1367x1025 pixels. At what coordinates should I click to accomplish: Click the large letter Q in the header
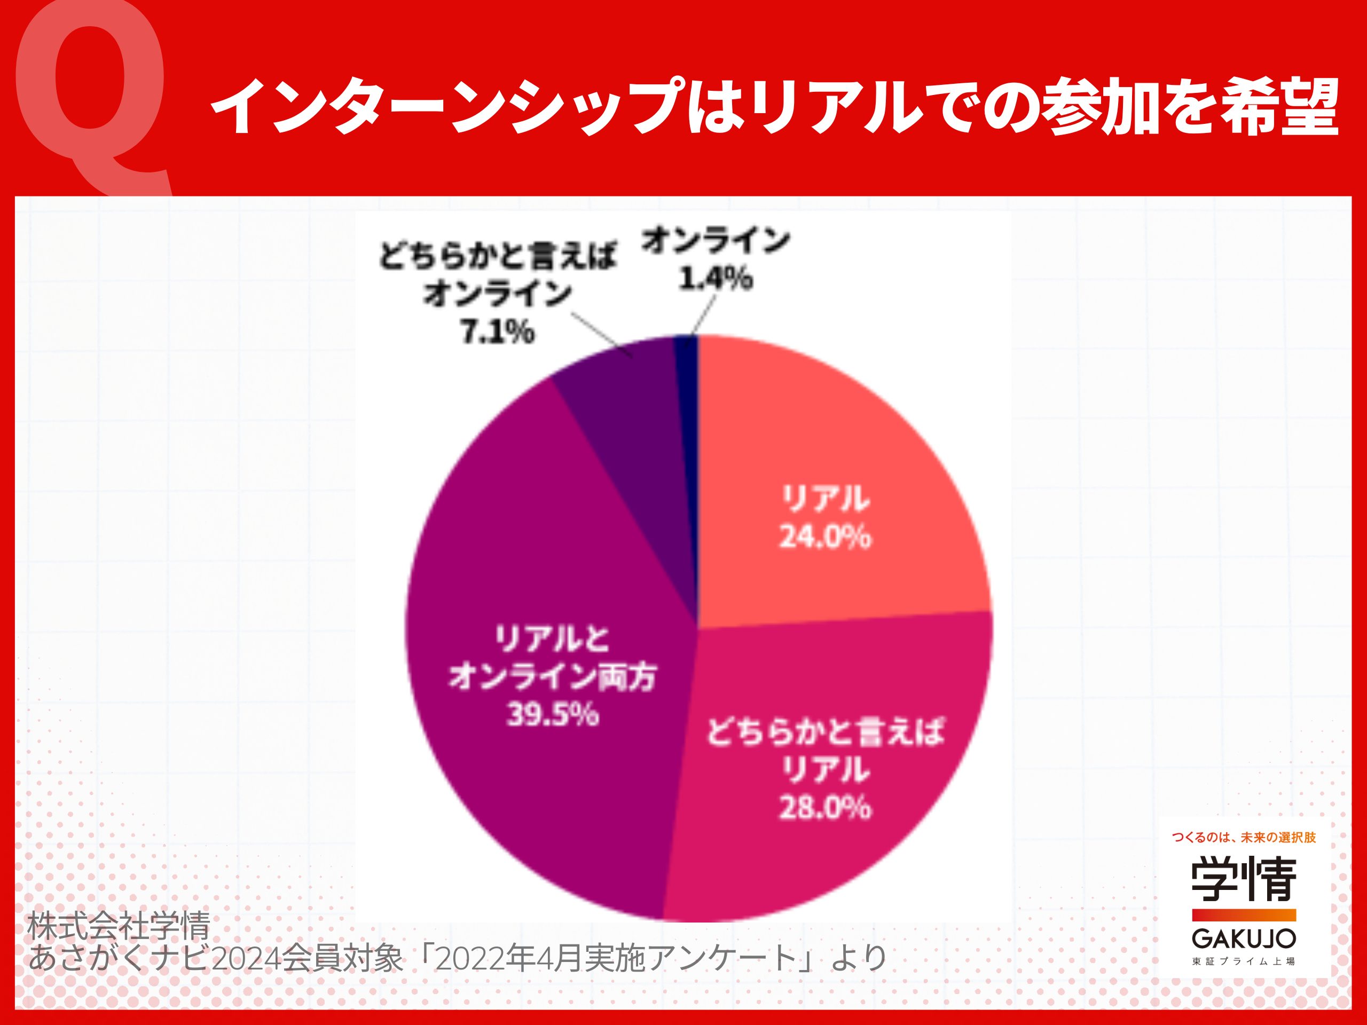91,93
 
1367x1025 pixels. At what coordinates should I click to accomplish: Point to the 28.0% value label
825,808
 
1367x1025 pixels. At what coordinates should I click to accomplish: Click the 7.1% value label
498,333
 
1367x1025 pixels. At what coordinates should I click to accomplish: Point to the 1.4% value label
716,279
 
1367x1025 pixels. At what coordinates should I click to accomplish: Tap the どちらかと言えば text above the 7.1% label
498,255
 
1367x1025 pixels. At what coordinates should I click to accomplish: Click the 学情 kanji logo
1244,879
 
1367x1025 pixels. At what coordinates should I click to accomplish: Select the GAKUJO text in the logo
1244,939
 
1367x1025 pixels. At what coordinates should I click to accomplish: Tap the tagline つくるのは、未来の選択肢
1244,838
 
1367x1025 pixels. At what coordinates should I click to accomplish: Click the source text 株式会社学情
119,926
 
